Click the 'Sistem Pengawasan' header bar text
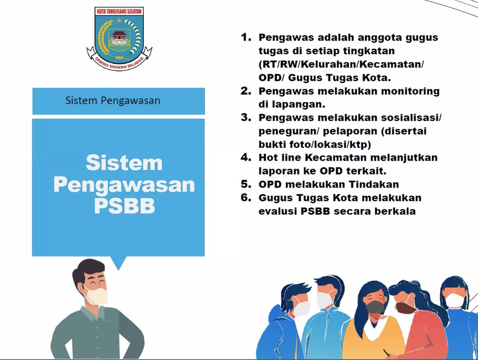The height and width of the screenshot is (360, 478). [113, 100]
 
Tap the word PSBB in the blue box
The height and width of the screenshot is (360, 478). [124, 206]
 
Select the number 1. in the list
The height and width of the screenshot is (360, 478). [246, 37]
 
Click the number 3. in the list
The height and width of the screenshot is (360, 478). [246, 118]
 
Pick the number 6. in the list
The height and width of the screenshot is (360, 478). [246, 198]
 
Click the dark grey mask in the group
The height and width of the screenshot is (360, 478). [376, 306]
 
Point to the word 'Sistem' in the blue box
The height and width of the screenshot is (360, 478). [124, 163]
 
